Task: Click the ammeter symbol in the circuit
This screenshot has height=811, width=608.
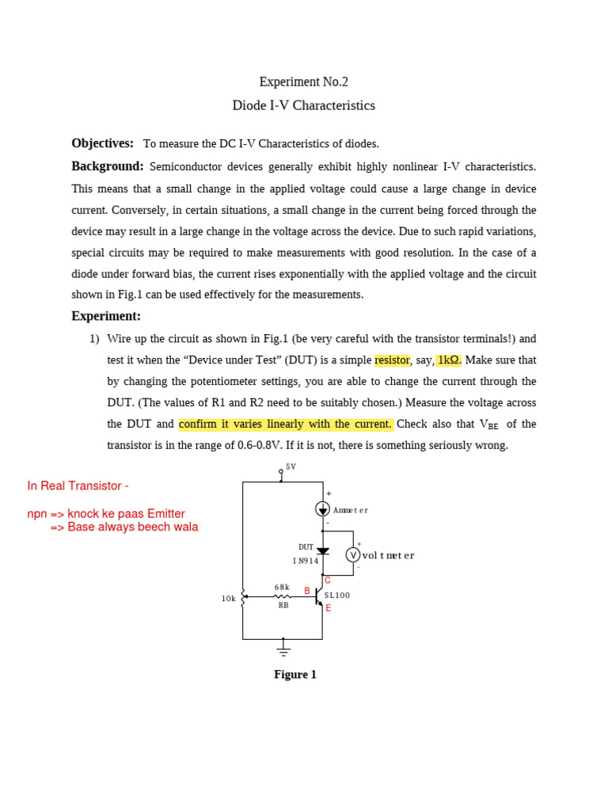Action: tap(323, 508)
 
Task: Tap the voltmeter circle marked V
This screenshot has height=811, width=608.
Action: tap(353, 554)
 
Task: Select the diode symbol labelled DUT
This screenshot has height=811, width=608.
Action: tap(323, 551)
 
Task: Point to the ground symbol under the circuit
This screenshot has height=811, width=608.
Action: tap(283, 649)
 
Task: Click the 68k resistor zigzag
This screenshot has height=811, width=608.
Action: tap(282, 596)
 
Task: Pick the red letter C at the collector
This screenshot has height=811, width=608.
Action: tap(327, 581)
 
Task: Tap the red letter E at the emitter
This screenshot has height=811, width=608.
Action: tap(328, 608)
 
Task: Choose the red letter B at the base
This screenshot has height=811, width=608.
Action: tap(307, 590)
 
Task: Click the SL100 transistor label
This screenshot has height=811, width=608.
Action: tap(337, 595)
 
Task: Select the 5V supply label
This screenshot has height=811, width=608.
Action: tap(291, 466)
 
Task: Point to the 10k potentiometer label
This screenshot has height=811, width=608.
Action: tap(229, 599)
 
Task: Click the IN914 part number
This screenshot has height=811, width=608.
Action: tap(305, 561)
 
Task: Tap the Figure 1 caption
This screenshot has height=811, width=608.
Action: tap(295, 675)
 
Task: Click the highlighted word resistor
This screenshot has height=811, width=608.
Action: tap(392, 360)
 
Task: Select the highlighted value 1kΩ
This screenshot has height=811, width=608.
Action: tap(449, 360)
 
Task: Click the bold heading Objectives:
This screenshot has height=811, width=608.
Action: tap(102, 143)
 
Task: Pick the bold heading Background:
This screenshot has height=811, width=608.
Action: tap(108, 166)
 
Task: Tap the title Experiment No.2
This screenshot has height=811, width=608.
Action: tap(303, 82)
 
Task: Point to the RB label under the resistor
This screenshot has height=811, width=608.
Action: tap(283, 605)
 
